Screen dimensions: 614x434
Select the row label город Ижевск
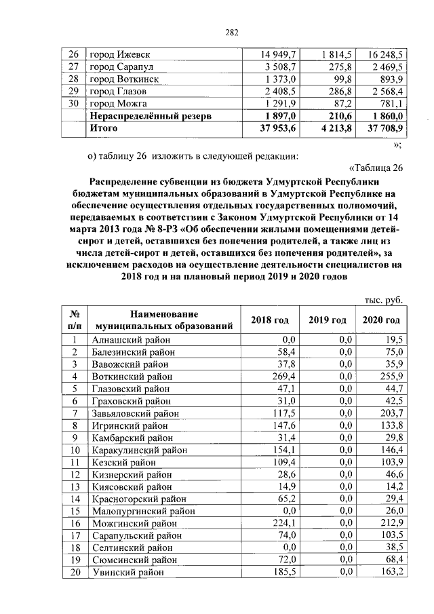tap(119, 54)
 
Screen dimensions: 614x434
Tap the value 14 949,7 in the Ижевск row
tap(279, 54)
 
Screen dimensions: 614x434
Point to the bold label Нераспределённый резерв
tap(151, 115)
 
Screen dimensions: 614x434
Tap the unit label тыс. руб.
tap(380, 299)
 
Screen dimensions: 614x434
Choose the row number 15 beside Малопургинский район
tap(75, 511)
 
